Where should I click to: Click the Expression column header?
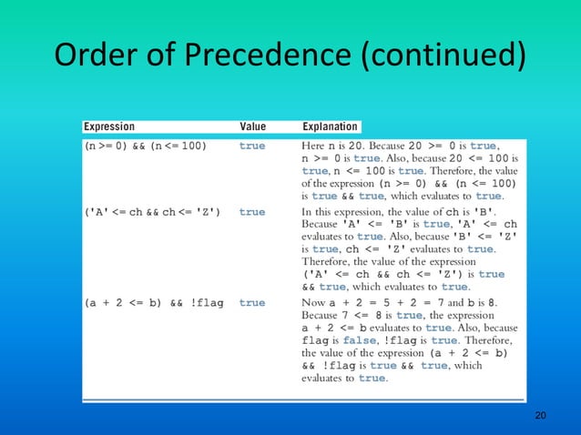coord(109,126)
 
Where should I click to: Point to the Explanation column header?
coord(331,126)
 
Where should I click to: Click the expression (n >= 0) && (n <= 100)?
coord(145,146)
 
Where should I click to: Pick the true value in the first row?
coord(252,146)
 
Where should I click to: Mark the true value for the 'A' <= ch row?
coord(252,212)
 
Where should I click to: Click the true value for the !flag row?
coord(252,303)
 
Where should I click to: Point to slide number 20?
coord(540,415)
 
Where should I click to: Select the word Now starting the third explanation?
coord(313,303)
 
